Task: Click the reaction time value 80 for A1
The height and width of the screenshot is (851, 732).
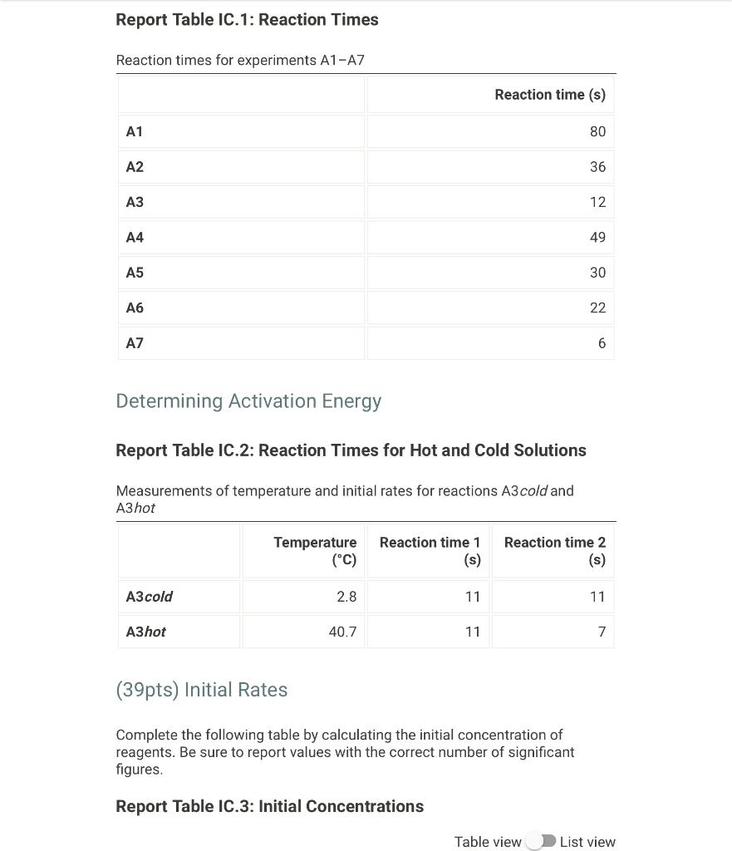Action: pos(597,131)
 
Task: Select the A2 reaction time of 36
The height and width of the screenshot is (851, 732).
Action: pos(597,167)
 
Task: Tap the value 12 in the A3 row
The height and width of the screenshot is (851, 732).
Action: pos(597,202)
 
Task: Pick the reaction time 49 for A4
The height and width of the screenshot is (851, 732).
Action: pos(597,238)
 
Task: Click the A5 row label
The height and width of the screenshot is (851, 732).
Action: pos(135,273)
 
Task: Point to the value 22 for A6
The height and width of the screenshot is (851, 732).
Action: pos(597,308)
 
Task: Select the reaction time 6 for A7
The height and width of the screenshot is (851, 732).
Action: pos(602,343)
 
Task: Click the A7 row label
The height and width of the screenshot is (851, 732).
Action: pos(135,343)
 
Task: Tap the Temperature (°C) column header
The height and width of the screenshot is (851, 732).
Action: pos(315,550)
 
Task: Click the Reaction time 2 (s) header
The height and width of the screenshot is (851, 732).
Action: pos(554,550)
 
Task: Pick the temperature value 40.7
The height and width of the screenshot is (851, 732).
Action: pos(342,632)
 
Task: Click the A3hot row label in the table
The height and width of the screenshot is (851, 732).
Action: pos(145,632)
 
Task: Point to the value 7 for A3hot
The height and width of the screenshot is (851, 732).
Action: pos(602,632)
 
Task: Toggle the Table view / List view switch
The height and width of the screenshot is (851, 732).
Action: pos(541,841)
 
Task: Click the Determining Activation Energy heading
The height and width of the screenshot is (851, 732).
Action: pos(248,401)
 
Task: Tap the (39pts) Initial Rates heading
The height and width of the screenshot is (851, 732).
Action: pos(202,690)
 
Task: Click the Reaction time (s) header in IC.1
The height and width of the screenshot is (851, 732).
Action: pos(549,95)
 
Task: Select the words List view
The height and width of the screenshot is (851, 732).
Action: pos(587,842)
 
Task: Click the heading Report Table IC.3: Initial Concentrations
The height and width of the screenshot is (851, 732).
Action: pos(269,806)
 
